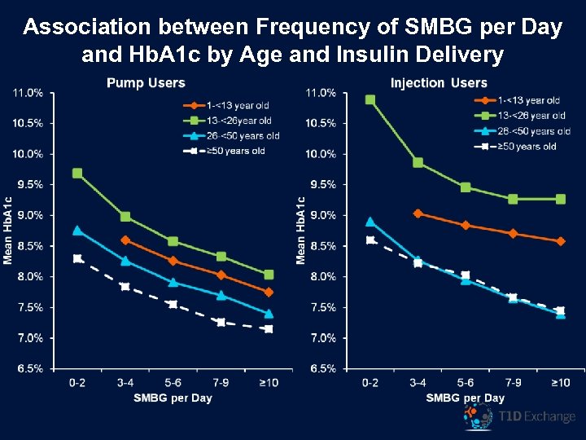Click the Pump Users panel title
tap(146, 83)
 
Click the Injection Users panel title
tap(439, 83)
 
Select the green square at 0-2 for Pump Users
tap(77, 174)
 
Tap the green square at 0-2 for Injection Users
tap(370, 100)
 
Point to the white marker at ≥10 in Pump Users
tap(269, 329)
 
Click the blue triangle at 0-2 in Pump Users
tap(77, 231)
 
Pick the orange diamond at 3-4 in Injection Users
tap(418, 213)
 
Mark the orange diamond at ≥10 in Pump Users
tap(269, 292)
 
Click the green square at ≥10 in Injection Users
tap(561, 199)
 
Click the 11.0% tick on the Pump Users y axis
tap(28, 93)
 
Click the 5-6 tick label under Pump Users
tap(173, 383)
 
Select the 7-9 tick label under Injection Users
tap(514, 383)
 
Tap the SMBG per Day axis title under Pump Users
tap(173, 398)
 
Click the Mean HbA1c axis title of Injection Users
tap(301, 229)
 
